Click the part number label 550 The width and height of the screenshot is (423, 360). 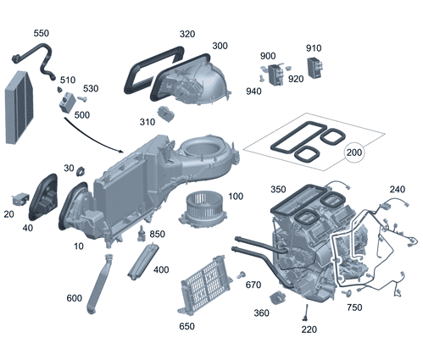tap(41, 33)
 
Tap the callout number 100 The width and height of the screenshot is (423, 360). tap(235, 197)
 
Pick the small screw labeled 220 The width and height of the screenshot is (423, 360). tap(303, 315)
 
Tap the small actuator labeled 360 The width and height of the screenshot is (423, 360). tap(276, 299)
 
